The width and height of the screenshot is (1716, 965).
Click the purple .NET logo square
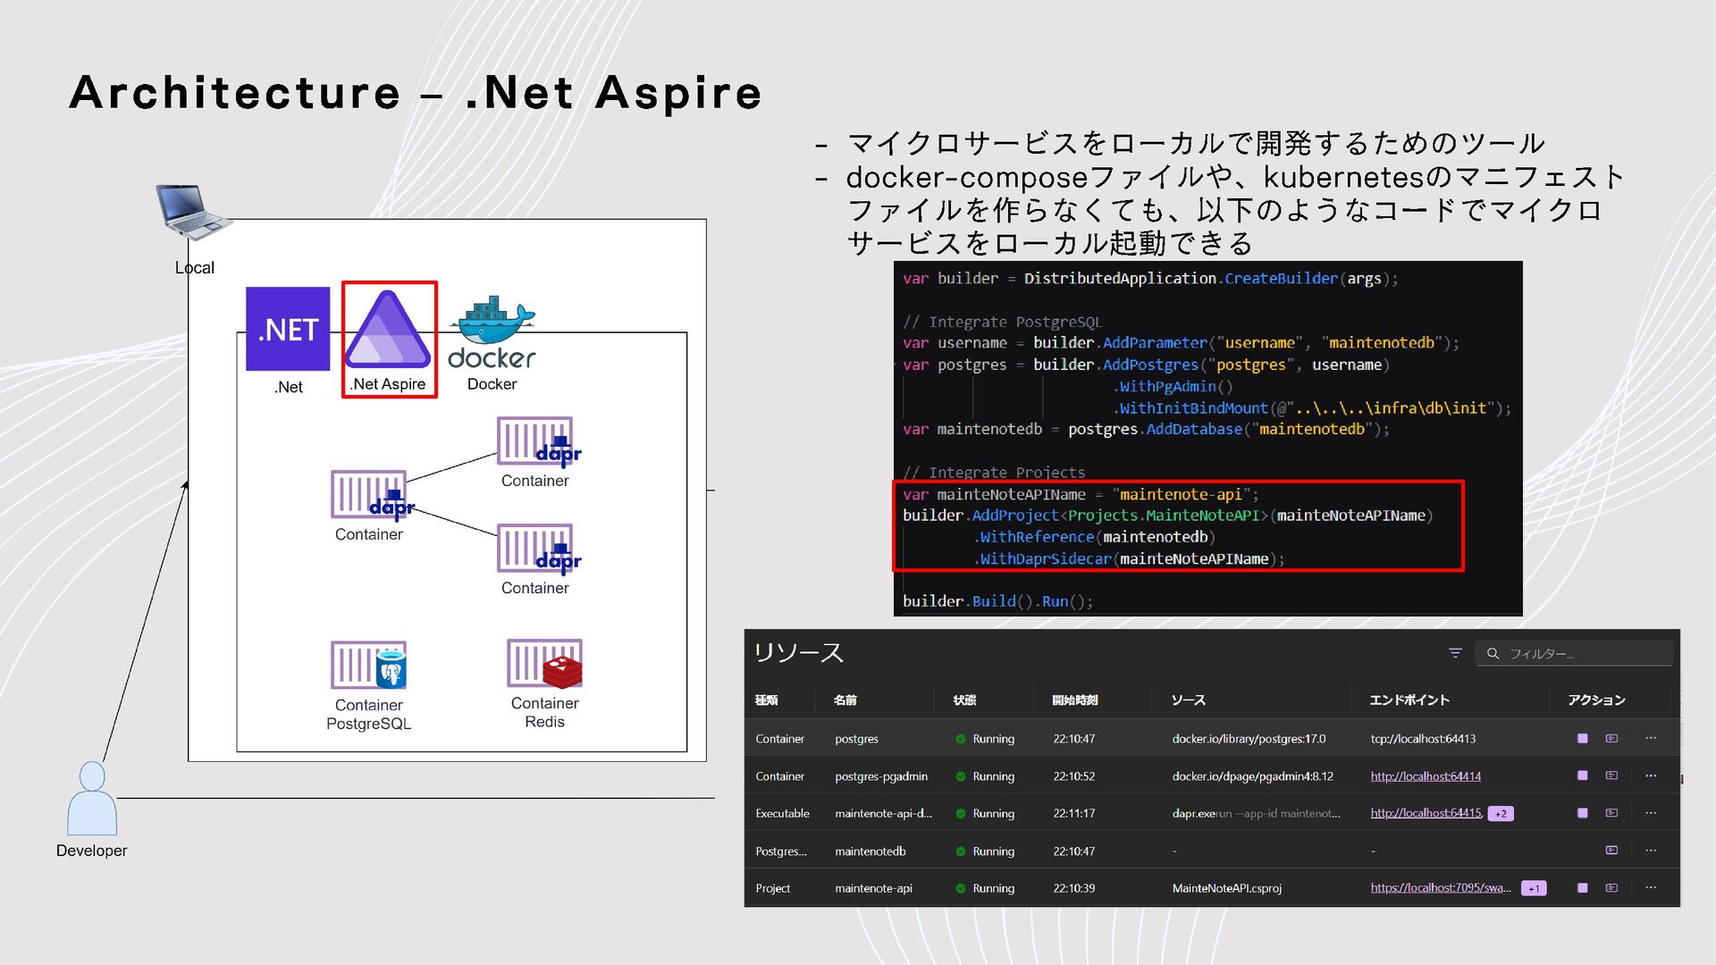tap(288, 328)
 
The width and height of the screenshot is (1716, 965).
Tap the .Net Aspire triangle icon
tap(388, 330)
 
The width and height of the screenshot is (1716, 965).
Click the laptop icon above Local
tap(191, 211)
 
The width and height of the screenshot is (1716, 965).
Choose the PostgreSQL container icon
tap(369, 666)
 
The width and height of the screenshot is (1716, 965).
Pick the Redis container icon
tap(544, 664)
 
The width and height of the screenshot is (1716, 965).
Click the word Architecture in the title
tap(235, 93)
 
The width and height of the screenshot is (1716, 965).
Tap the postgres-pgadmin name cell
tap(881, 776)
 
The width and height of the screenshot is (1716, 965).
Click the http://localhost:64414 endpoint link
tap(1426, 776)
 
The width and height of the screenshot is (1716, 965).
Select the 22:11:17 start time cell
tap(1073, 814)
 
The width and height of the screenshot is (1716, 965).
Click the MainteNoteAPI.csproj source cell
tap(1226, 888)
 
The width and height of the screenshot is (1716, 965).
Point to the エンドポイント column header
tap(1409, 700)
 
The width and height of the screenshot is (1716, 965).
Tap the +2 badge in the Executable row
tap(1501, 814)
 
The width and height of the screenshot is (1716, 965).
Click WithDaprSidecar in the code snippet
tap(1045, 559)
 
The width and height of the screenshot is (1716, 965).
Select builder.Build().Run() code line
tap(997, 601)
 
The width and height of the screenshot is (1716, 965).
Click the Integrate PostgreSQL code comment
tap(1003, 322)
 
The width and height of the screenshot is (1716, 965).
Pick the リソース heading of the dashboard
tap(799, 653)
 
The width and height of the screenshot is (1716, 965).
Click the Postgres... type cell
tap(780, 852)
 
